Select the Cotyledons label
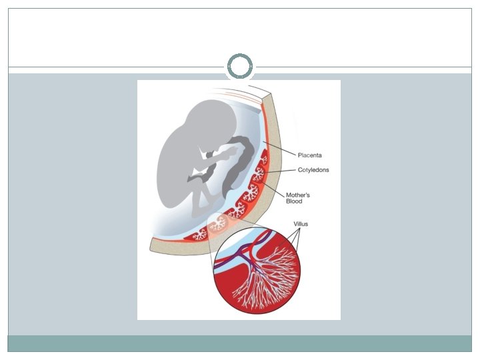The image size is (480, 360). pyautogui.click(x=313, y=170)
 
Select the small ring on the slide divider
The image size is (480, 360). pyautogui.click(x=239, y=67)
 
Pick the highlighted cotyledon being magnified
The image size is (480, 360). pyautogui.click(x=217, y=225)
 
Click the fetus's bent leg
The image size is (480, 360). pyautogui.click(x=200, y=197)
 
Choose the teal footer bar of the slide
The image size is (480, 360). pyautogui.click(x=239, y=343)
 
